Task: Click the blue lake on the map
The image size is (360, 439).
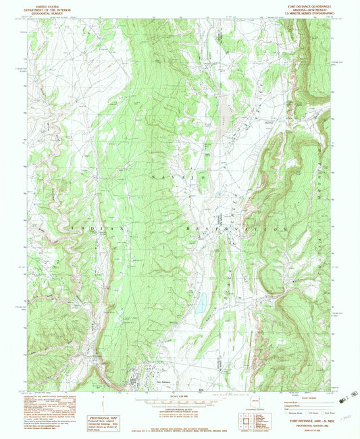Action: (201, 303)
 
